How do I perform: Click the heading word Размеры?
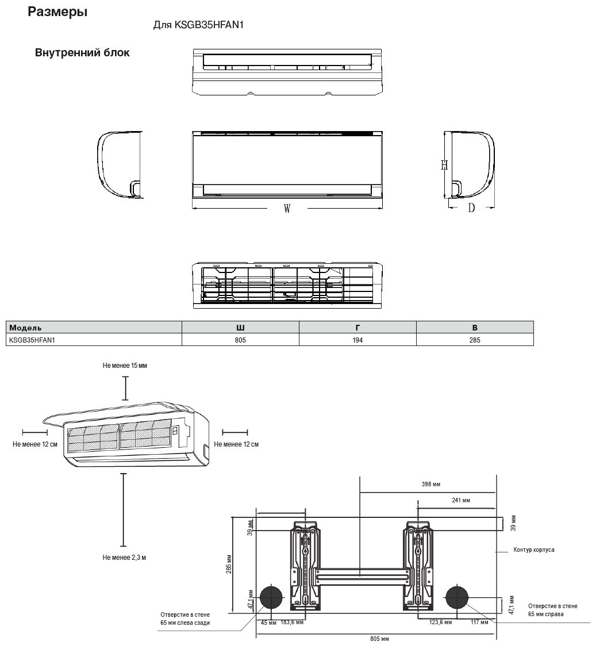(x=57, y=12)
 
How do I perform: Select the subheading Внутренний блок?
(x=82, y=53)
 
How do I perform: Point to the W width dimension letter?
(x=287, y=209)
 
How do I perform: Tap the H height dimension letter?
(x=444, y=165)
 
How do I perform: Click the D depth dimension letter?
(x=471, y=208)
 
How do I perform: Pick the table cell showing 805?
(x=240, y=340)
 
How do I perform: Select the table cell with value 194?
(x=357, y=340)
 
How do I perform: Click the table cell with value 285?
(x=475, y=340)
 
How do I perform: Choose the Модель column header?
(x=25, y=328)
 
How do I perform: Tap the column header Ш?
(x=240, y=328)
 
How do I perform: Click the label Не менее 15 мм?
(x=125, y=366)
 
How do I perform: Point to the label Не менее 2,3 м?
(x=124, y=558)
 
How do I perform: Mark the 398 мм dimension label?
(x=430, y=485)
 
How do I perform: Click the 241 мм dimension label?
(x=461, y=501)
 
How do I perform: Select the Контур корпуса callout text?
(x=533, y=550)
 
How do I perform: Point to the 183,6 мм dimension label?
(x=293, y=623)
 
